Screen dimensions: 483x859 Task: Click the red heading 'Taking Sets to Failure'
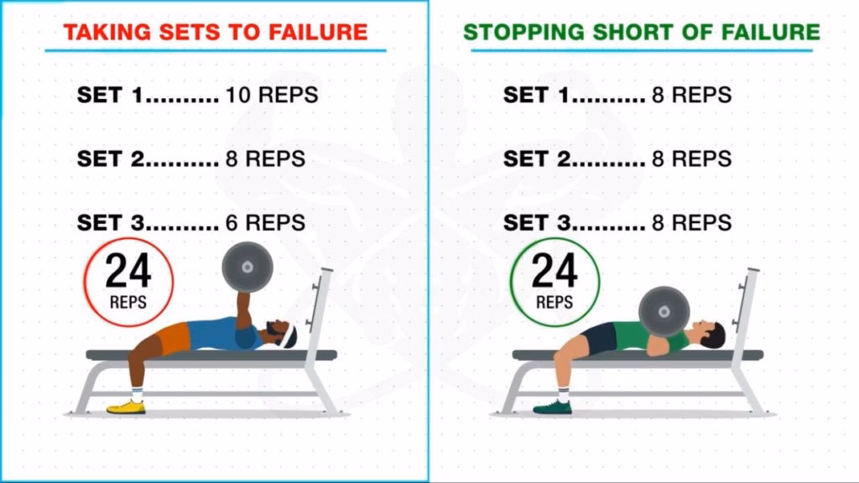[x=216, y=32]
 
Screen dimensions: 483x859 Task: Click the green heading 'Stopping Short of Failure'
[x=642, y=32]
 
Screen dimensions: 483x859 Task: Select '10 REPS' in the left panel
[x=272, y=95]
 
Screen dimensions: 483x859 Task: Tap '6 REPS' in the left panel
[x=265, y=222]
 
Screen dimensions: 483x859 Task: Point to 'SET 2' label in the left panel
[x=111, y=158]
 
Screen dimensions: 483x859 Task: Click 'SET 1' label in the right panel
[x=537, y=95]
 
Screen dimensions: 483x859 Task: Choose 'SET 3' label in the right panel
[x=537, y=222]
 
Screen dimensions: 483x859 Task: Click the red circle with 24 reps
[x=128, y=281]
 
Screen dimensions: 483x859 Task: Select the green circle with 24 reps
[x=554, y=281]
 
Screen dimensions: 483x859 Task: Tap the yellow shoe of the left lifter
[x=125, y=407]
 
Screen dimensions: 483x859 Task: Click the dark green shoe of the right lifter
[x=552, y=407]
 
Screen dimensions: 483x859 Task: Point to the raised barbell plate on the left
[x=247, y=267]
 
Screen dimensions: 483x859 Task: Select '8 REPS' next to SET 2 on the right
[x=691, y=158]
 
